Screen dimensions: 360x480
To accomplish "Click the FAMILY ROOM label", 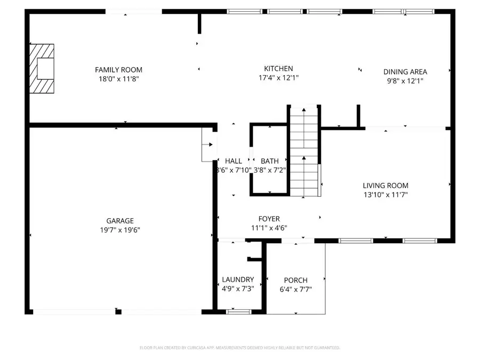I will click(x=118, y=70).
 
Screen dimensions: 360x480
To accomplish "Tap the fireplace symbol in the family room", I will click(x=42, y=69).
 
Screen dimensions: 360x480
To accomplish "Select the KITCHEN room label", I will click(x=278, y=68).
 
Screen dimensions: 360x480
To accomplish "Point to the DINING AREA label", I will click(x=405, y=71).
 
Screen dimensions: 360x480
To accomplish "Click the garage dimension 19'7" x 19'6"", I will click(x=119, y=230).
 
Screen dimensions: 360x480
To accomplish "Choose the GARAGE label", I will click(x=119, y=221).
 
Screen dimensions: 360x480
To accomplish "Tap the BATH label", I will click(x=269, y=161).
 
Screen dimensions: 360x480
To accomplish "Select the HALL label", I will click(x=233, y=161).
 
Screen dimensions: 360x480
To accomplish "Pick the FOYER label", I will click(x=269, y=219).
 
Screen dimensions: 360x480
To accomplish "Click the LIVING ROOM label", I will click(x=386, y=186).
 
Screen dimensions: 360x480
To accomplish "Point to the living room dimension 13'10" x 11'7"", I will click(x=386, y=195).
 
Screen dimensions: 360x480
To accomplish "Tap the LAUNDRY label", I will click(x=237, y=279).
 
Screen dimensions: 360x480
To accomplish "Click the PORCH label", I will click(x=295, y=281).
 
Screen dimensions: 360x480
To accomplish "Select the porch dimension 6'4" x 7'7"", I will click(x=295, y=290).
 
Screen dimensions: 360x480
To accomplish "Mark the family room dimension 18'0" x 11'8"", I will click(x=118, y=79).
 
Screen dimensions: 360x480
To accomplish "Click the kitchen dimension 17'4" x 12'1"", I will click(x=278, y=77).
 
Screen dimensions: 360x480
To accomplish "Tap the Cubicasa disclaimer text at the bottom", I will click(x=239, y=348).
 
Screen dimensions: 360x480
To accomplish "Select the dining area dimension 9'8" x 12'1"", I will click(x=405, y=81).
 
